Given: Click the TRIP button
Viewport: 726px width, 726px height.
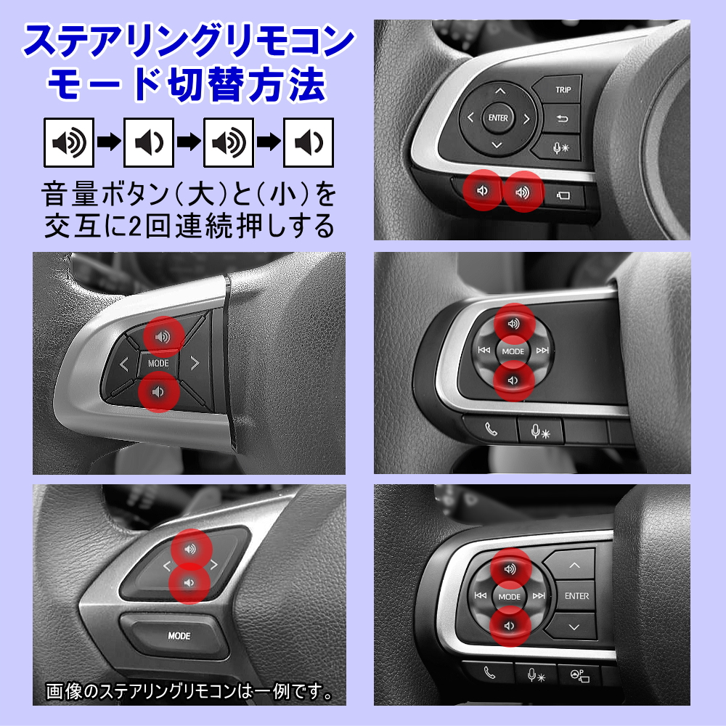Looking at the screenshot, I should click(x=563, y=90).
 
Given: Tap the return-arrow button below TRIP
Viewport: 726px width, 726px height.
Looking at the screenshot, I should click(x=563, y=118).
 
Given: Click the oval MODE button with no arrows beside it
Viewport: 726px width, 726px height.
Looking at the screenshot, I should click(x=179, y=636).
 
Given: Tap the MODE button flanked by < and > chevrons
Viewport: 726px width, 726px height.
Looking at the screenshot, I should click(x=158, y=363).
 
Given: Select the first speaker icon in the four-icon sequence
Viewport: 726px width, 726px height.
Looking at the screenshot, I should click(x=69, y=142).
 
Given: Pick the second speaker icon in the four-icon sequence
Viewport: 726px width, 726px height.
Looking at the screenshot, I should click(x=149, y=142).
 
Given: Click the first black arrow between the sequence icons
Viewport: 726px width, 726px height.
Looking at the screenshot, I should click(x=109, y=142).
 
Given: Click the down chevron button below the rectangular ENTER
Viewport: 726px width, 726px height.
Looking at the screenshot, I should click(x=574, y=627).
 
